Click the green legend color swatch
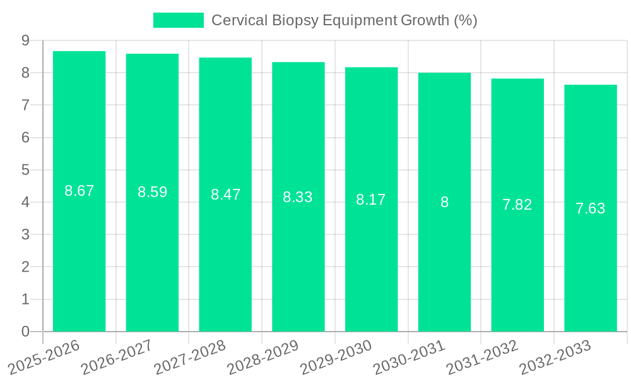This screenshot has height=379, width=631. (x=179, y=20)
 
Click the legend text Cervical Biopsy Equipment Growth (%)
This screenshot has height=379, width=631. (x=344, y=20)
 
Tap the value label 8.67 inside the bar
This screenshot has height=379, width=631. (x=79, y=191)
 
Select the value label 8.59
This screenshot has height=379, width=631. (x=152, y=192)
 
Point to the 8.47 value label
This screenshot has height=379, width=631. (x=225, y=195)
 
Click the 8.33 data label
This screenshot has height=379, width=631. (x=298, y=197)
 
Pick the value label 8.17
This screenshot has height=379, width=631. (x=371, y=200)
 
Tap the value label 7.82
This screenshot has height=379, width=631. (x=517, y=205)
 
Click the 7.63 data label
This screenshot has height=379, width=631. (x=591, y=208)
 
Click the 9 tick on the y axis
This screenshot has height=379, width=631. (x=25, y=40)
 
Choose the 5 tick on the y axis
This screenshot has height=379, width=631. (x=25, y=170)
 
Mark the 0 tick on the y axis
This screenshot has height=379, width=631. (x=25, y=332)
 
